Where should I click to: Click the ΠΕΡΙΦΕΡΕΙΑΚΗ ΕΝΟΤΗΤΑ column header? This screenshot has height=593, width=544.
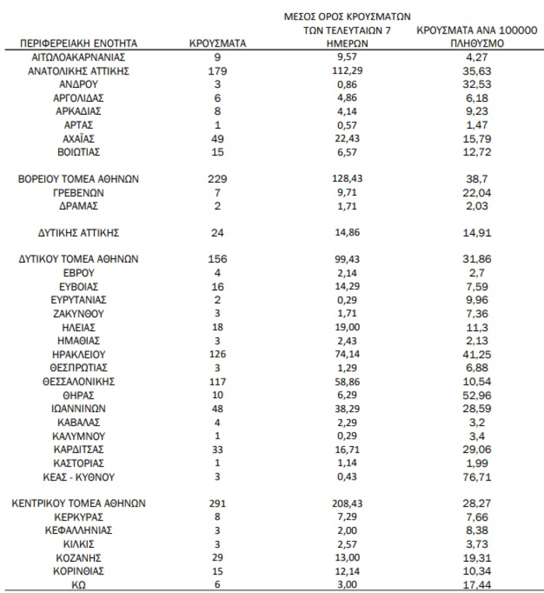(x=78, y=44)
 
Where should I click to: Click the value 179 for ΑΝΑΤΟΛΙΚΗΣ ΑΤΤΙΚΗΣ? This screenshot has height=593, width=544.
(x=218, y=71)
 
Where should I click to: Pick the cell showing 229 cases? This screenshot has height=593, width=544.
(x=218, y=178)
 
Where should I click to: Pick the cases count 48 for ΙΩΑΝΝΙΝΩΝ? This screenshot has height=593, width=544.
(x=218, y=408)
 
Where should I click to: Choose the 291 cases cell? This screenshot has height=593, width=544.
(x=218, y=503)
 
